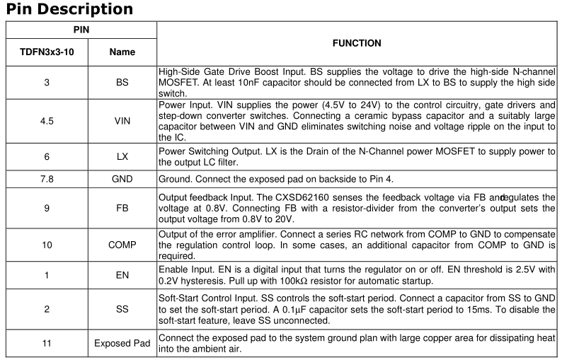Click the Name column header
[122, 52]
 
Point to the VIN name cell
[122, 121]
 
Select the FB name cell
[122, 209]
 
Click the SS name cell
[122, 309]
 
